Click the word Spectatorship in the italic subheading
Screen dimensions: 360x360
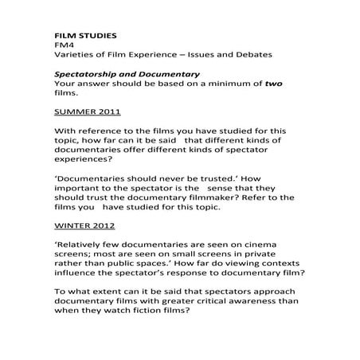(89, 73)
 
